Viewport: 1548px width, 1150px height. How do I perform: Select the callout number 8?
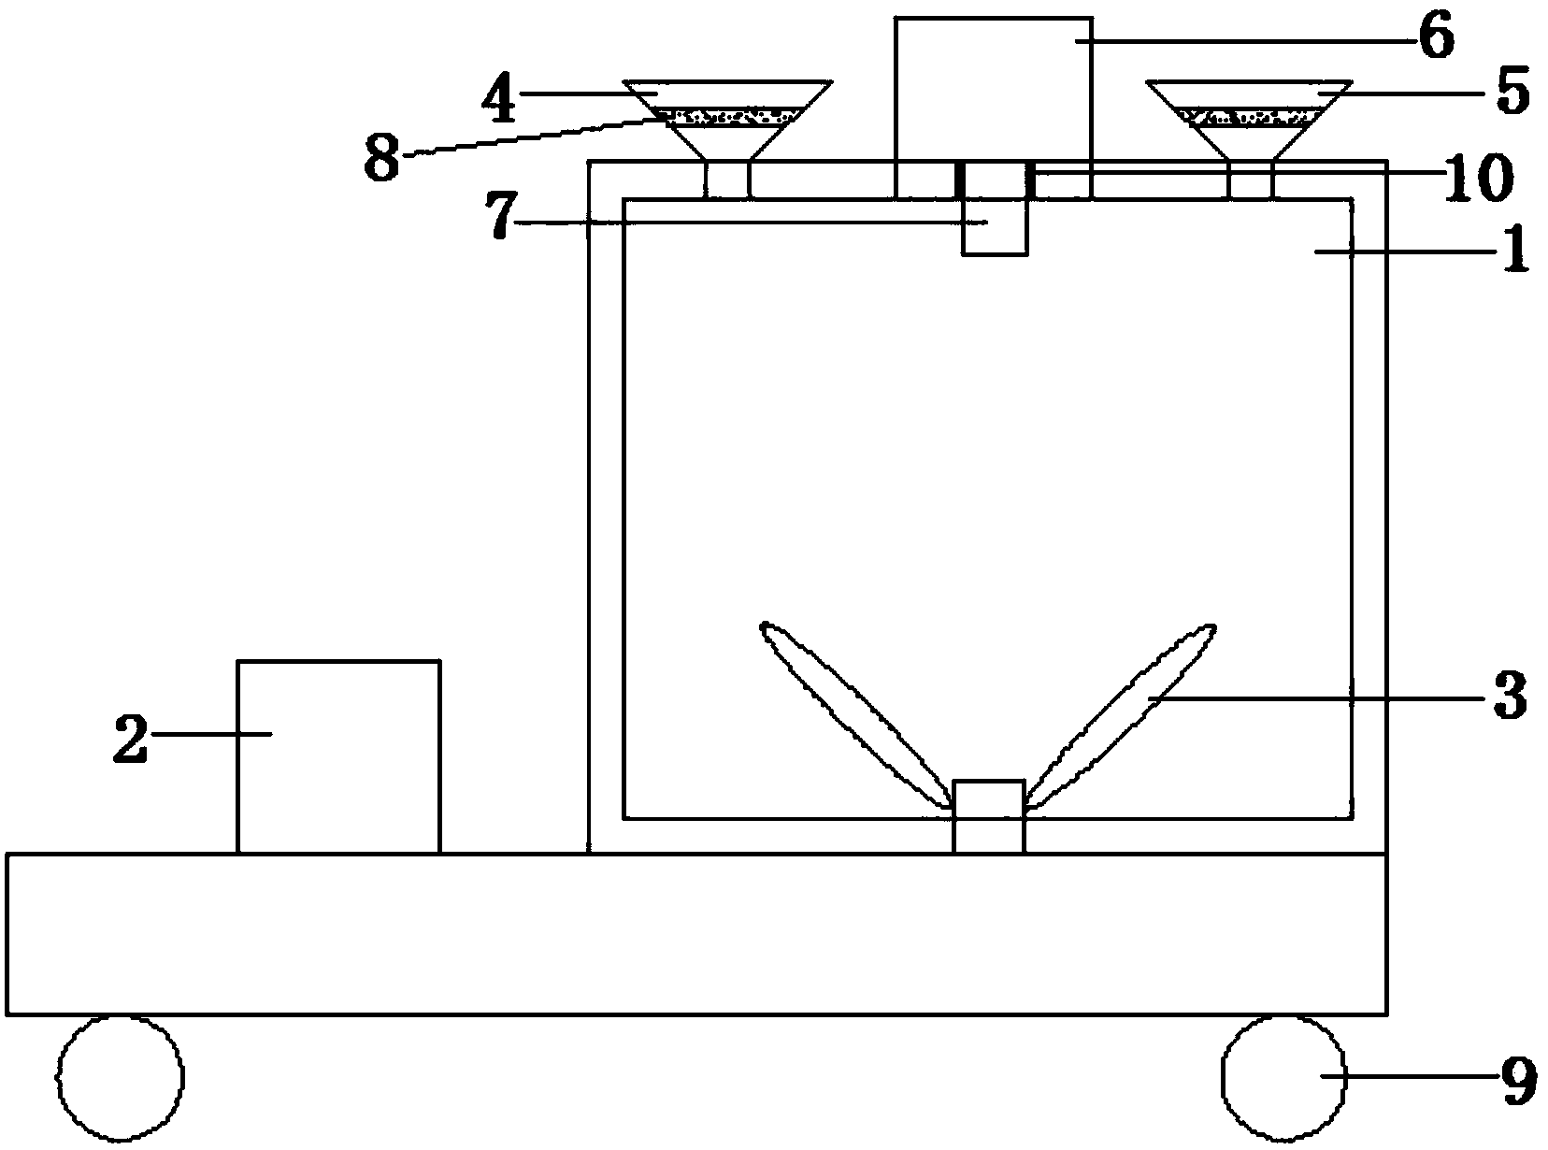point(381,157)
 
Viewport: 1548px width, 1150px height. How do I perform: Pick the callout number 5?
point(1506,93)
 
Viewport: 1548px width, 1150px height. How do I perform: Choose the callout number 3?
point(1507,697)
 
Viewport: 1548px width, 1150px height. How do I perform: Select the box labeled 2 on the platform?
point(337,756)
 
